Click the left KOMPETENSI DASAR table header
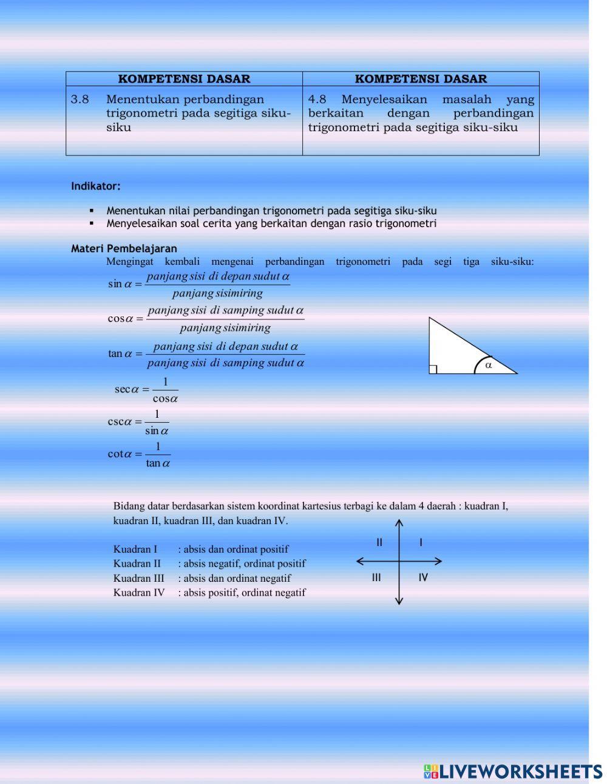pos(184,79)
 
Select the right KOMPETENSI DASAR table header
pos(421,79)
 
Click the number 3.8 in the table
pos(80,100)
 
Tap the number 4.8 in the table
pos(317,100)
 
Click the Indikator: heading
pos(96,186)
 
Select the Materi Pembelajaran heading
pos(124,248)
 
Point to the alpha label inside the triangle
pos(489,365)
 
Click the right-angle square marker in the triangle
pos(433,369)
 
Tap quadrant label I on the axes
pos(421,542)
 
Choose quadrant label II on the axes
pos(379,542)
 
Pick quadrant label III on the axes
pos(376,578)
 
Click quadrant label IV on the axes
pos(423,578)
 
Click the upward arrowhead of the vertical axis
pos(399,522)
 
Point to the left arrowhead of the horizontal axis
pos(359,562)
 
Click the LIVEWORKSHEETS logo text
pos(520,771)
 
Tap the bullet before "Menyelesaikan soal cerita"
pos(92,223)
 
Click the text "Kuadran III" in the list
pos(139,578)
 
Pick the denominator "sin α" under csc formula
pos(157,431)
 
